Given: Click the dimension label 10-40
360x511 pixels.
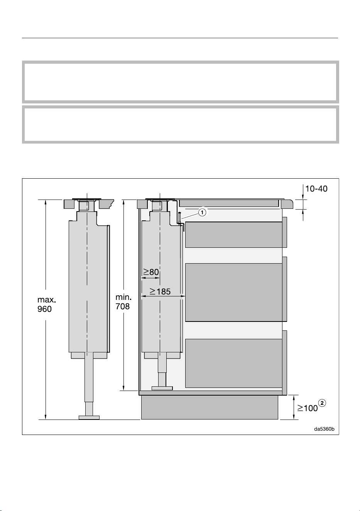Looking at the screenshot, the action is tap(316, 189).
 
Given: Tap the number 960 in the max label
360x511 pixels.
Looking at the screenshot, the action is tap(44, 309).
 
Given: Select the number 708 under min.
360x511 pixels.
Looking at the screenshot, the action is tap(123, 306).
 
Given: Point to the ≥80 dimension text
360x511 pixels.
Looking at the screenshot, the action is tap(151, 272).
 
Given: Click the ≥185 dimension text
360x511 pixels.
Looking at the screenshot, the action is tap(160, 291).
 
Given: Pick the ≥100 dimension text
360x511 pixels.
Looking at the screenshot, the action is tap(307, 408).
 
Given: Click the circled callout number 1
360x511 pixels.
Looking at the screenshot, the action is tap(202, 212).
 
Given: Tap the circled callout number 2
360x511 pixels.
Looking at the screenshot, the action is tap(322, 403).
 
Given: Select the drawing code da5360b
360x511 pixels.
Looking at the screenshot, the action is tap(324, 429).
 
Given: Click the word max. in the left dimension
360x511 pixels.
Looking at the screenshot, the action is tap(47, 299).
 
